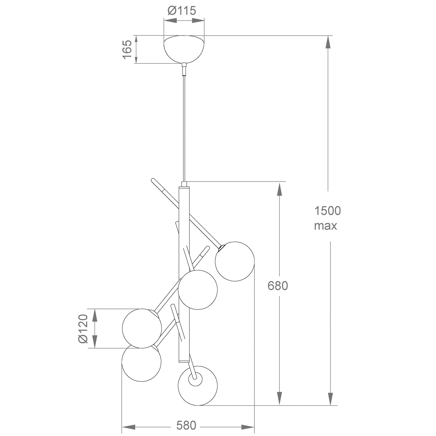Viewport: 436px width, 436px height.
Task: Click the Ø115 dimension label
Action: pos(182,10)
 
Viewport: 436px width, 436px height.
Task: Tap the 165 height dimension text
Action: pos(127,49)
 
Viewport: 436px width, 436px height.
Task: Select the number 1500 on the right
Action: pos(328,211)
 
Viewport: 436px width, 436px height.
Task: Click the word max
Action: pos(326,226)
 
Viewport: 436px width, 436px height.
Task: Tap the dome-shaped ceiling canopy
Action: pos(184,49)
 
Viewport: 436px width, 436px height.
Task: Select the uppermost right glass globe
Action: pos(235,261)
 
